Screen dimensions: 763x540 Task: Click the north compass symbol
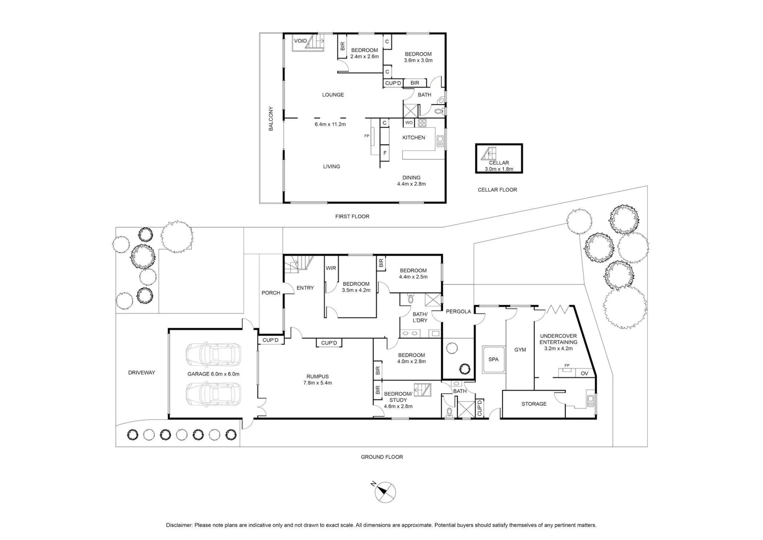pos(385,492)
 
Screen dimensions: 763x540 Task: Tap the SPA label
pos(493,359)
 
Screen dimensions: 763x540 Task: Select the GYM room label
pos(520,349)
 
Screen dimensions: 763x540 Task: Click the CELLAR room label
pos(499,163)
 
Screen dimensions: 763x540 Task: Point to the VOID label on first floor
pos(300,41)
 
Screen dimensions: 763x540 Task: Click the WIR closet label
pos(331,268)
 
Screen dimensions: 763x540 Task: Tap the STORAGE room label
pos(534,404)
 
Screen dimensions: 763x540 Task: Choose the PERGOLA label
pos(458,311)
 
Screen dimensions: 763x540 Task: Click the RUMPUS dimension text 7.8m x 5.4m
pos(317,383)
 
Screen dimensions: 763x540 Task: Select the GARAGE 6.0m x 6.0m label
pos(213,374)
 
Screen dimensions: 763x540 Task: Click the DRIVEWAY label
pos(142,372)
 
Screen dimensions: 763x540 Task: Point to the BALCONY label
pos(271,119)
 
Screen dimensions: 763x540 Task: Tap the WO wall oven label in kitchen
pos(409,123)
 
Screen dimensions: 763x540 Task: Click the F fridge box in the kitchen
pos(385,153)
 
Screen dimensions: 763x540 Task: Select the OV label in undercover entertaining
pos(584,373)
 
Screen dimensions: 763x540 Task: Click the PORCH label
pos(271,293)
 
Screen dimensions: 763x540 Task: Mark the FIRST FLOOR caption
pos(352,217)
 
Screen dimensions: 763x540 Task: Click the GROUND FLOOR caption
pos(382,457)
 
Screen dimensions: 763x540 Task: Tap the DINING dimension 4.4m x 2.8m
pos(411,184)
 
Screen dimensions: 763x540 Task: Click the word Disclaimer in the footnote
pos(179,525)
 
